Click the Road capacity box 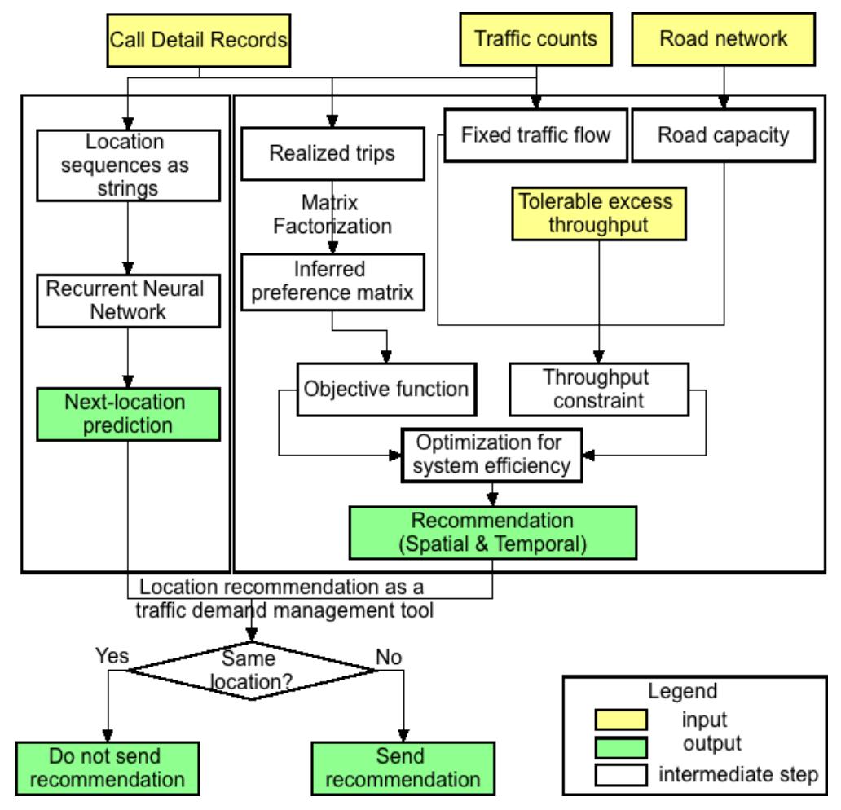pos(723,135)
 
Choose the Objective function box pos(386,388)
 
